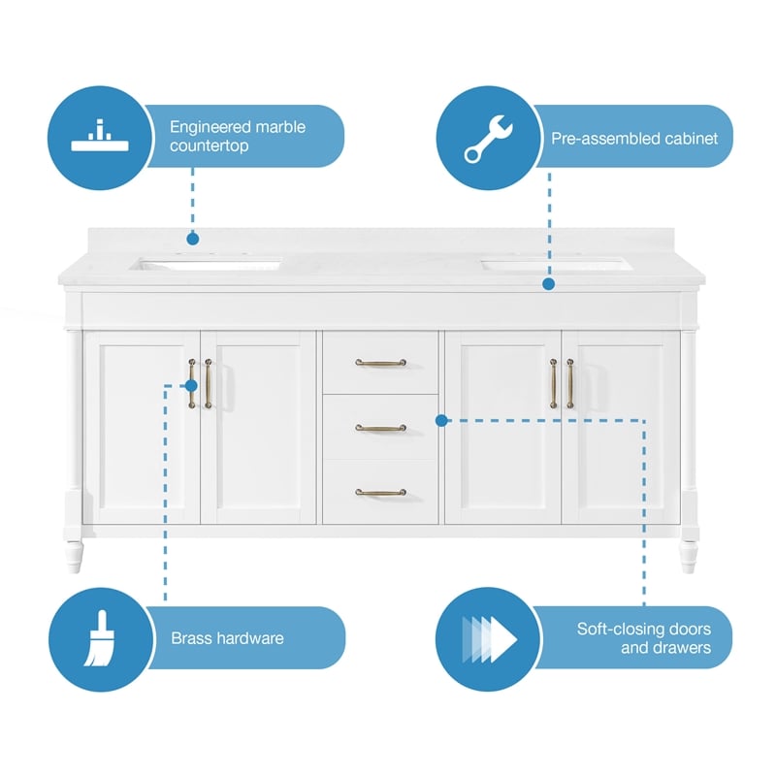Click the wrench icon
[x=488, y=139]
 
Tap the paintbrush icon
[x=100, y=638]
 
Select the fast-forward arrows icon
[x=489, y=639]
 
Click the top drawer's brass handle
[x=380, y=363]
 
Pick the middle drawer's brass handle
[x=380, y=428]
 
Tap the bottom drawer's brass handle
[x=380, y=492]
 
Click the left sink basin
[x=206, y=264]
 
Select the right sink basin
[x=557, y=266]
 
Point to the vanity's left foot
[x=74, y=557]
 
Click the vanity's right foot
[x=689, y=557]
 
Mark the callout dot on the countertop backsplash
[x=193, y=239]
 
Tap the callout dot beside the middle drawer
[x=441, y=421]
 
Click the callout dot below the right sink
[x=548, y=284]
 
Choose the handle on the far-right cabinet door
[x=570, y=383]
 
